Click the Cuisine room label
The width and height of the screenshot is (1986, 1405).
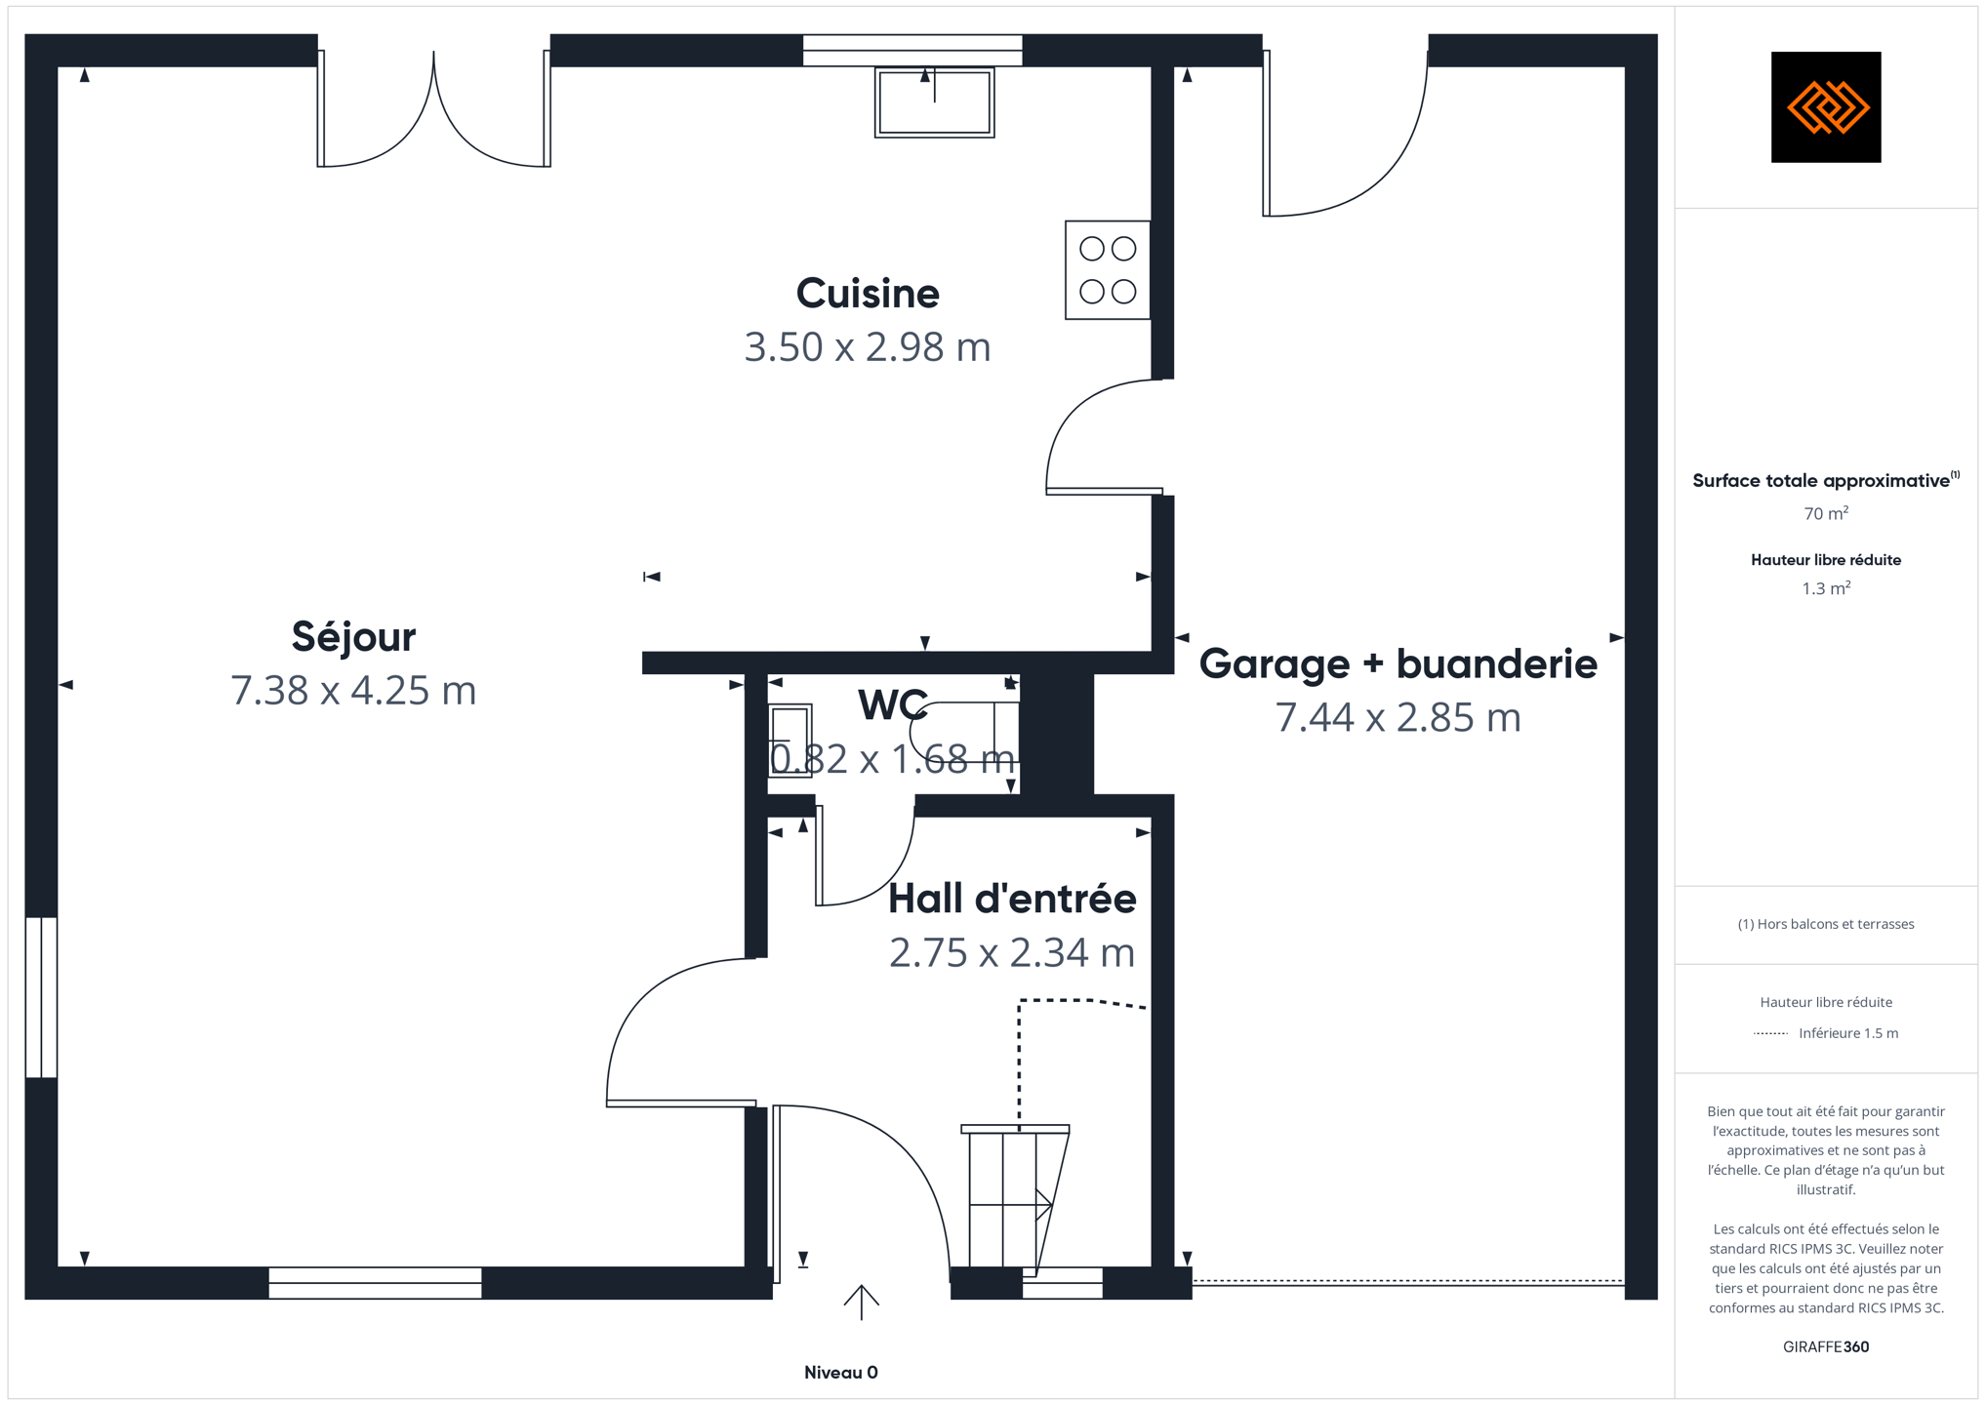pyautogui.click(x=868, y=294)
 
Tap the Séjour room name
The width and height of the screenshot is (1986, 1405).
pyautogui.click(x=353, y=637)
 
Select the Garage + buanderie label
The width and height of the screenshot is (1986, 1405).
pyautogui.click(x=1398, y=664)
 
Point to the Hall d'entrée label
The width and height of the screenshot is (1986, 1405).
pyautogui.click(x=1012, y=899)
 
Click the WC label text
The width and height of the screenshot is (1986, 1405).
pyautogui.click(x=893, y=705)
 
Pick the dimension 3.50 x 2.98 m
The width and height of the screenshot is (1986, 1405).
pyautogui.click(x=868, y=347)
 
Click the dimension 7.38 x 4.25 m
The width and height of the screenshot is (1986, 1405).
pyautogui.click(x=353, y=691)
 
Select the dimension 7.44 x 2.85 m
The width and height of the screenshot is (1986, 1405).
pyautogui.click(x=1398, y=718)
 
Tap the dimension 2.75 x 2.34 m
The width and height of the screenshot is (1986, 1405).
pyautogui.click(x=1012, y=953)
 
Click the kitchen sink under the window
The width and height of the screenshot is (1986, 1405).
pyautogui.click(x=934, y=102)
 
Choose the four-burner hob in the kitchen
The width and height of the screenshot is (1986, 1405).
pyautogui.click(x=1108, y=270)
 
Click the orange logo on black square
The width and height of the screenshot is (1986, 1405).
pyautogui.click(x=1826, y=107)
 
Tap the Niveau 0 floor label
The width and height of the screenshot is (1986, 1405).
pyautogui.click(x=841, y=1373)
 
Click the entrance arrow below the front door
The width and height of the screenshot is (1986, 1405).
pyautogui.click(x=862, y=1303)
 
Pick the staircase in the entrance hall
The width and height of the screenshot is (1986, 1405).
pyautogui.click(x=1015, y=1200)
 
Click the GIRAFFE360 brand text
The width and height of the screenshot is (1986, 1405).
pyautogui.click(x=1826, y=1347)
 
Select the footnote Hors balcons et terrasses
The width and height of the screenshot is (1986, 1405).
pyautogui.click(x=1826, y=924)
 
